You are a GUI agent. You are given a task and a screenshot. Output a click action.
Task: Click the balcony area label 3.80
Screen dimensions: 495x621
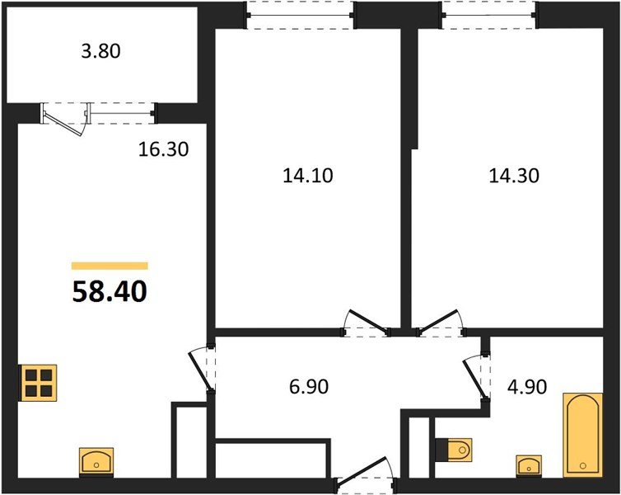[x=101, y=52]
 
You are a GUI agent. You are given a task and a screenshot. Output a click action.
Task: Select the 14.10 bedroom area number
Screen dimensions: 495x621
[x=306, y=175]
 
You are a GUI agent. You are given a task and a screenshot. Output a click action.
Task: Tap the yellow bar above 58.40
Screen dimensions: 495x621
[x=110, y=266]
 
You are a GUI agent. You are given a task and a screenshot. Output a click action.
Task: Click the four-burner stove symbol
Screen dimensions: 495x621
[x=40, y=382]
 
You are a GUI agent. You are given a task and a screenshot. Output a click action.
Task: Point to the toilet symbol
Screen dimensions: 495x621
[x=455, y=450]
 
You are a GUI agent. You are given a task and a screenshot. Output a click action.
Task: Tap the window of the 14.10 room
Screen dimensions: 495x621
[x=300, y=15]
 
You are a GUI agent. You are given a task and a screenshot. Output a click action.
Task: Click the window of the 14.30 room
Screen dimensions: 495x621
[x=488, y=15]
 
